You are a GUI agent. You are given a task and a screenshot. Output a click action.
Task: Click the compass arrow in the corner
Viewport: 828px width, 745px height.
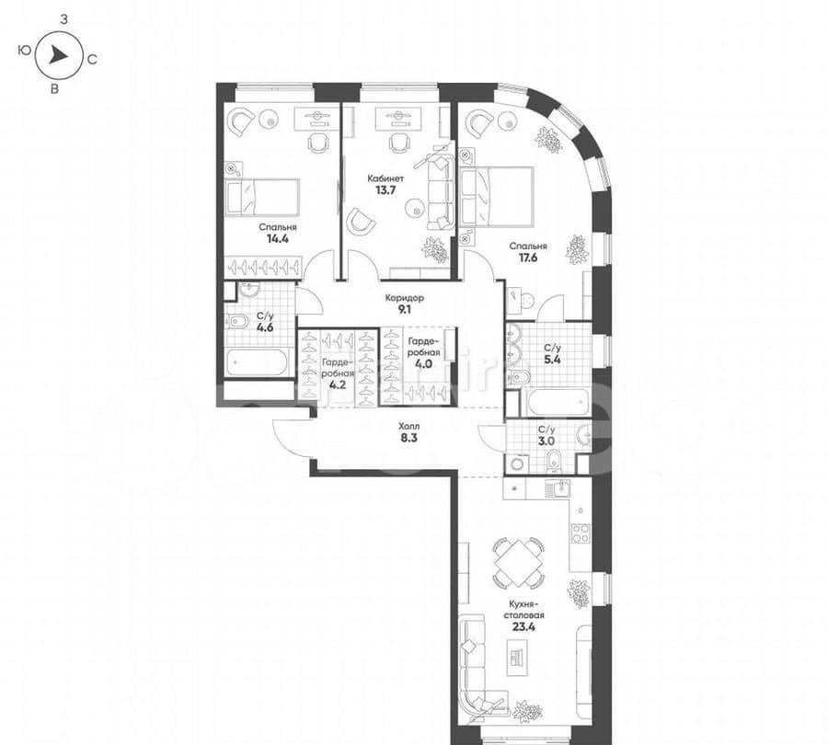coord(57,55)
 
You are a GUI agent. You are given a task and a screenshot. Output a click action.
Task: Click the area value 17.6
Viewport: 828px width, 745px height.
coord(528,258)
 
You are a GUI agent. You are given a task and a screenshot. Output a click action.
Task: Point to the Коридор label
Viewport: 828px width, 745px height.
coord(404,298)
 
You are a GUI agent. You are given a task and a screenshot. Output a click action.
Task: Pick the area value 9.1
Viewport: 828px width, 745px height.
coord(404,310)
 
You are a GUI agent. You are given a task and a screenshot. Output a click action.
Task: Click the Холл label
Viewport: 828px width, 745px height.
coord(409,426)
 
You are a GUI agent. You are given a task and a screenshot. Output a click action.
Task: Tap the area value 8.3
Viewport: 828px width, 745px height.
coord(409,439)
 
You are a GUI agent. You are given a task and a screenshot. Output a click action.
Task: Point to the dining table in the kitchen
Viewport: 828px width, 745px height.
coord(517,563)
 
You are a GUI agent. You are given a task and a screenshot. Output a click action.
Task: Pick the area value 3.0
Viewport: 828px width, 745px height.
coord(546,441)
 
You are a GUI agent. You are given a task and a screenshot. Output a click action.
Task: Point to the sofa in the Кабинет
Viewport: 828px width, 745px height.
coord(441,193)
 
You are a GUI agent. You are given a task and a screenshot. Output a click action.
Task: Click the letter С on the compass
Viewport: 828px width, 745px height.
coord(93,57)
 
